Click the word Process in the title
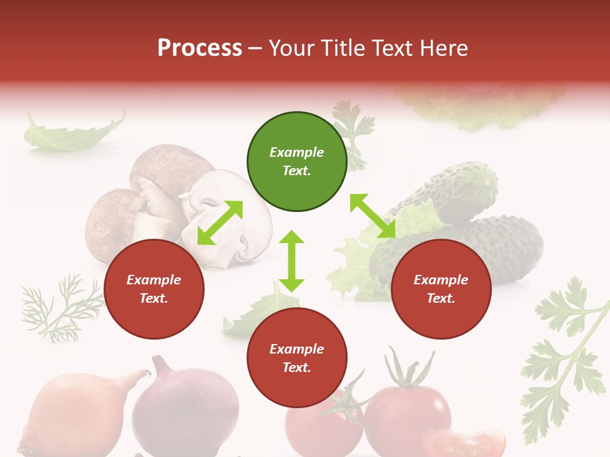[200, 48]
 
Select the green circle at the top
[297, 162]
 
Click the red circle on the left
[154, 289]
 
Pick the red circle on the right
[441, 289]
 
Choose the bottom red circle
[297, 358]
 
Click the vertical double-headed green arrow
[292, 261]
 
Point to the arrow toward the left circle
[220, 223]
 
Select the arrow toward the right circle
[373, 216]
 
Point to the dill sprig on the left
[60, 308]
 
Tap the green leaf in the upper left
[70, 135]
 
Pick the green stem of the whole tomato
[407, 371]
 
